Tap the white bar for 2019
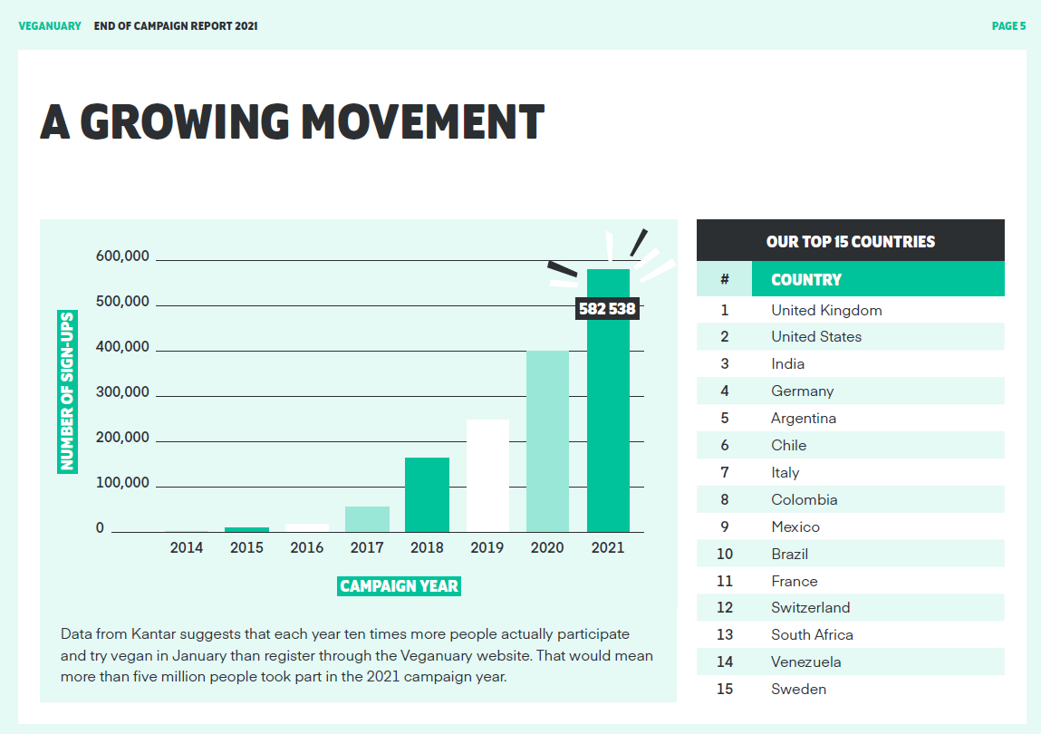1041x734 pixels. pyautogui.click(x=487, y=476)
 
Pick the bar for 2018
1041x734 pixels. pyautogui.click(x=427, y=495)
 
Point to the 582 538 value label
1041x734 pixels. pyautogui.click(x=607, y=309)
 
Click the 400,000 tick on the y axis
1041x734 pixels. pyautogui.click(x=122, y=347)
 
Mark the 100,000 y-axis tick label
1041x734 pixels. pyautogui.click(x=122, y=483)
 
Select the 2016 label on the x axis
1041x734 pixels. pyautogui.click(x=306, y=547)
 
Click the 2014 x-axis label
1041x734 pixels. pyautogui.click(x=187, y=547)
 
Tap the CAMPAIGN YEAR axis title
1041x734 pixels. pyautogui.click(x=400, y=586)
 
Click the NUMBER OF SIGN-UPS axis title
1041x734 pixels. pyautogui.click(x=67, y=391)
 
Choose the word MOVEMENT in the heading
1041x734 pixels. pyautogui.click(x=422, y=122)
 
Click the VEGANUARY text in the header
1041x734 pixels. pyautogui.click(x=50, y=26)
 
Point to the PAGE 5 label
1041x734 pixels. pyautogui.click(x=1008, y=26)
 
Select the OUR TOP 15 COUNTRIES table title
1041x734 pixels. pyautogui.click(x=850, y=242)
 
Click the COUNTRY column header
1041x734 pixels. pyautogui.click(x=806, y=280)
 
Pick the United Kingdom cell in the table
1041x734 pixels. pyautogui.click(x=826, y=310)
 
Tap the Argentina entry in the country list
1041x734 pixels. pyautogui.click(x=804, y=419)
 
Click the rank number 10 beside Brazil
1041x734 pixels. pyautogui.click(x=725, y=554)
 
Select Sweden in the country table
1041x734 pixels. pyautogui.click(x=798, y=690)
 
